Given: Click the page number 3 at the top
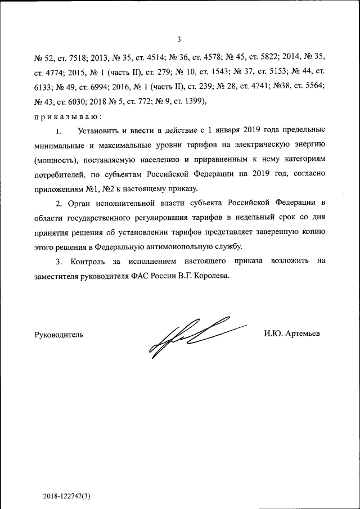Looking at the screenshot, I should [179, 39].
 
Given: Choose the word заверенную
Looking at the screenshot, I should [276, 232].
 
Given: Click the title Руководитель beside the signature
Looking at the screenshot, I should [59, 334].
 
